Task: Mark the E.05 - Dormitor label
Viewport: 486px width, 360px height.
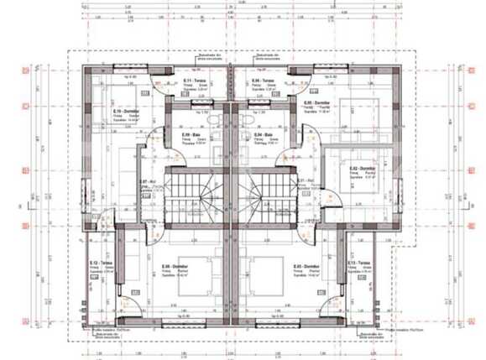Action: pos(316,102)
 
